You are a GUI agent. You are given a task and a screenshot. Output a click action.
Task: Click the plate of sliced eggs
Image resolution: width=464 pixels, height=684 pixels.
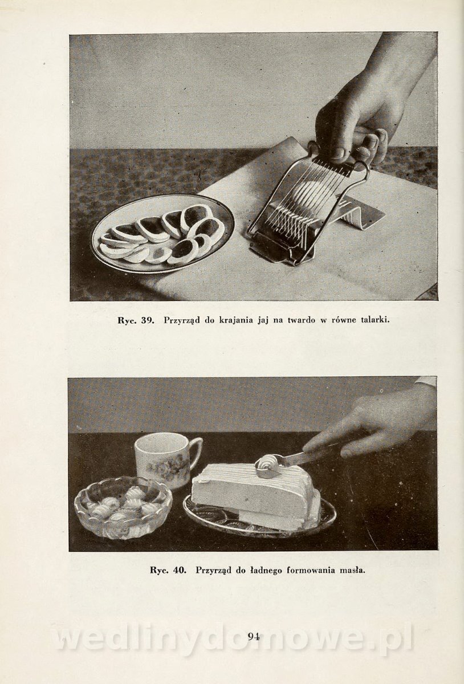tap(163, 234)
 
